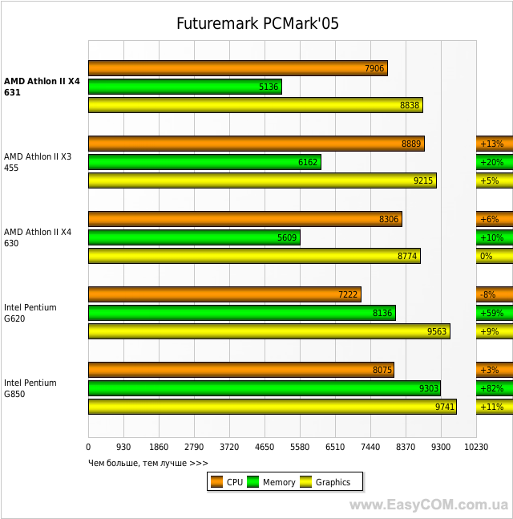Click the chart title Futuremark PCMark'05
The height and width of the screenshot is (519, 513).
click(x=257, y=23)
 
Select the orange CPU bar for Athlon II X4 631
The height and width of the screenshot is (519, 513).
click(x=237, y=68)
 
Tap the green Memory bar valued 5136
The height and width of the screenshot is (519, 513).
click(x=184, y=87)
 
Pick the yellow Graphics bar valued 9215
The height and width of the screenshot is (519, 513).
click(x=261, y=180)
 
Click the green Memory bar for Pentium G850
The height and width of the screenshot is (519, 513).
click(x=264, y=388)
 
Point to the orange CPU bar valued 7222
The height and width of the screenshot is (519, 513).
click(x=224, y=294)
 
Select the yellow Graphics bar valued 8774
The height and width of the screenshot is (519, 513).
click(x=253, y=256)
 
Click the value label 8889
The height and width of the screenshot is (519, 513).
click(x=411, y=144)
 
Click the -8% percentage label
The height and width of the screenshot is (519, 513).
click(x=488, y=294)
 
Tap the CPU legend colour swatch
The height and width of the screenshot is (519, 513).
click(x=216, y=482)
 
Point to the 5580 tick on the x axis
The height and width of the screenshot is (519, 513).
click(x=300, y=447)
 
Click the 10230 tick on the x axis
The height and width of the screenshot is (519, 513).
click(x=475, y=447)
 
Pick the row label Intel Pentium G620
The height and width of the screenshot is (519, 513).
click(x=30, y=313)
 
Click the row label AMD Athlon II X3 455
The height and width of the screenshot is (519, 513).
click(x=38, y=162)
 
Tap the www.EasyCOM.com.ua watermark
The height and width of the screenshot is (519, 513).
click(x=429, y=505)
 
